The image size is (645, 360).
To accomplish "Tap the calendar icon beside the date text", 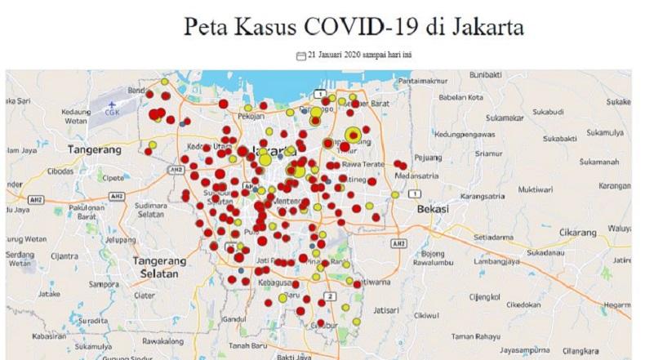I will coord(301,56).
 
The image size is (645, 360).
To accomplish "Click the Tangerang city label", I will coord(95,150).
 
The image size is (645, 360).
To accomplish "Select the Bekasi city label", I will coord(433,209).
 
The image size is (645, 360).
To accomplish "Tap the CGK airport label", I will coord(111,113).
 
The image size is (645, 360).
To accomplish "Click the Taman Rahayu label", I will coord(475,336).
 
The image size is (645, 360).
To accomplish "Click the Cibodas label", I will coord(62,171).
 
